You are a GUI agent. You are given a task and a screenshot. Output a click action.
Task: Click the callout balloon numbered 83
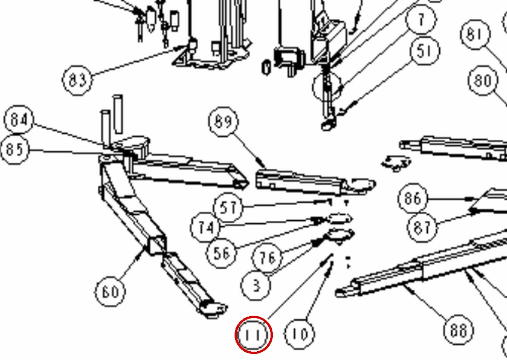77,80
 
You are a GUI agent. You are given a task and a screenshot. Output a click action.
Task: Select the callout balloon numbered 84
18,120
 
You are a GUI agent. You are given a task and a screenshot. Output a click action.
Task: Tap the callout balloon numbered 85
15,150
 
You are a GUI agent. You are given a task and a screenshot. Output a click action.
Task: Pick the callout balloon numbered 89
224,122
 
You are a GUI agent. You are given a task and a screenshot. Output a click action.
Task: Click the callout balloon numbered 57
228,207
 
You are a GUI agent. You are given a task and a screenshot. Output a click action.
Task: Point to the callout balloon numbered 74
205,228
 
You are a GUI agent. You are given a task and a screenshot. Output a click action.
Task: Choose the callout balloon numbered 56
221,253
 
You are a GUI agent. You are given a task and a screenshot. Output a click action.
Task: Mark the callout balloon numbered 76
267,258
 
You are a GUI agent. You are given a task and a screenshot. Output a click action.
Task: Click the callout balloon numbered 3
255,286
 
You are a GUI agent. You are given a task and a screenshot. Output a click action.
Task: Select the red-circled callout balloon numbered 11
253,335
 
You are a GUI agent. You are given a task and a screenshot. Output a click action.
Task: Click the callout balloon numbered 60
110,291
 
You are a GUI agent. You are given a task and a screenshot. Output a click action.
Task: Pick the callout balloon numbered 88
459,330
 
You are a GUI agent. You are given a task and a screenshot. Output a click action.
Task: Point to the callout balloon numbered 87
422,227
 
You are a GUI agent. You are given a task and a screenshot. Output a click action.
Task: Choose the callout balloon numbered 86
413,198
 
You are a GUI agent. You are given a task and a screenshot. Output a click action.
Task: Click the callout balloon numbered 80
483,80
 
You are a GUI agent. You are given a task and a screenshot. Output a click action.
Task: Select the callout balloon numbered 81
475,34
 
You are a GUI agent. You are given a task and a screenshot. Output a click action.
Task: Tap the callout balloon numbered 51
424,51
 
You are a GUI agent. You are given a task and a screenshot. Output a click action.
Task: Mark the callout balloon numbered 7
421,19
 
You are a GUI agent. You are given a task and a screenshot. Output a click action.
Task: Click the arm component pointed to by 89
315,183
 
